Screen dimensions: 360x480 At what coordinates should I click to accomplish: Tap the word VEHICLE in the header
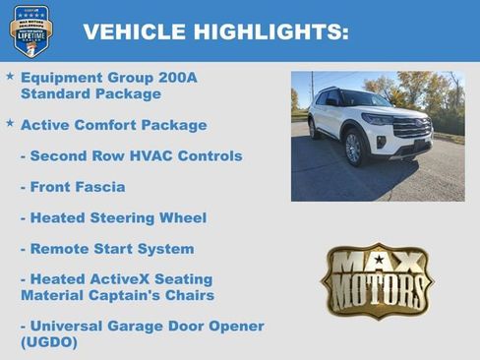[133, 32]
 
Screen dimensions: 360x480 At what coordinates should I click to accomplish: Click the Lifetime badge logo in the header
[30, 30]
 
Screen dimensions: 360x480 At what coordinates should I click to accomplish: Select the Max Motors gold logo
[377, 280]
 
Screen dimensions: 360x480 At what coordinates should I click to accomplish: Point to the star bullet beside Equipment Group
[10, 75]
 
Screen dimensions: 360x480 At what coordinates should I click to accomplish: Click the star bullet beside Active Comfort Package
[10, 123]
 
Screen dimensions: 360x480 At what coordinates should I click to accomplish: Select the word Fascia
[100, 187]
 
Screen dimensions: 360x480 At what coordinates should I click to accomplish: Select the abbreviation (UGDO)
[48, 342]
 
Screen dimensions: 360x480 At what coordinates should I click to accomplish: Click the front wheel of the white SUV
[354, 149]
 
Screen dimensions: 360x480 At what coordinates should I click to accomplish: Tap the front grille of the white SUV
[411, 128]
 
